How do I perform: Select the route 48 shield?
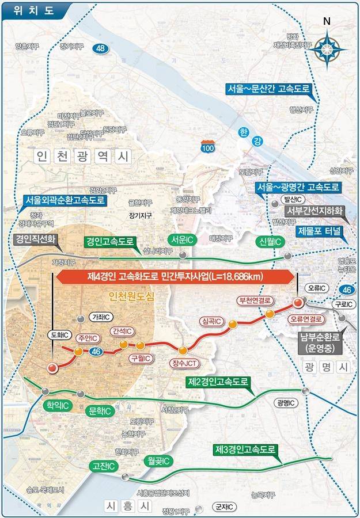coord(101,49)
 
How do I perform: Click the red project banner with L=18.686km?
coord(175,276)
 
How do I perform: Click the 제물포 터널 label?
coord(319,232)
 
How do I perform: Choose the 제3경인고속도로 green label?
coord(246,448)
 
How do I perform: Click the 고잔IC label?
coord(102,466)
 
